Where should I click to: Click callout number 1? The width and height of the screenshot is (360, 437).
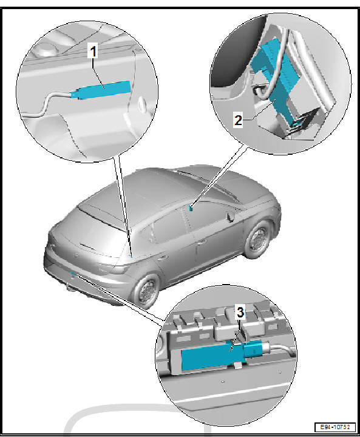tap(93, 51)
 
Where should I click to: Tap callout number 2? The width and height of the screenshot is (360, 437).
tap(238, 120)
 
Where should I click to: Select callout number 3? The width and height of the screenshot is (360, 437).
tap(240, 312)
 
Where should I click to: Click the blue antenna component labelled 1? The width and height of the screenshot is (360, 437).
tap(101, 90)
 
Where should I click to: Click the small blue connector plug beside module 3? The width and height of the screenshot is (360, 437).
tap(253, 350)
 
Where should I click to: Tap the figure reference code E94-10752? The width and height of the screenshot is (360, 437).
tap(335, 427)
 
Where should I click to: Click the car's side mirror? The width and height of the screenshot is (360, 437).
tap(231, 217)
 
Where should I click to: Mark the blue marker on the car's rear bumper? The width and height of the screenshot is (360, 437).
tap(73, 274)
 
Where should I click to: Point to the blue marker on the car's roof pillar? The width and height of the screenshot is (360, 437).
tap(191, 208)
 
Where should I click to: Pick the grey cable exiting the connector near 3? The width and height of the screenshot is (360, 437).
tap(279, 348)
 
